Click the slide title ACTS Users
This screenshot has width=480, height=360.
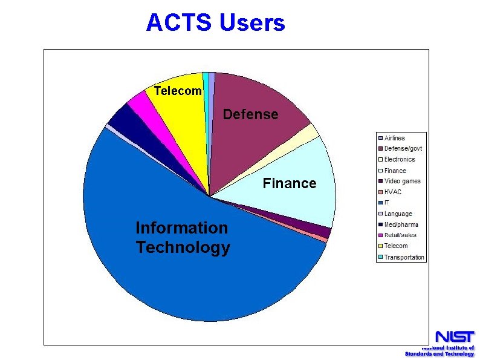click(215, 23)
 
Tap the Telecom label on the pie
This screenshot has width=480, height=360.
click(177, 91)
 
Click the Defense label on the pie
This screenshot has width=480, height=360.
click(250, 114)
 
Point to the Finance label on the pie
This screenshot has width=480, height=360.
click(289, 183)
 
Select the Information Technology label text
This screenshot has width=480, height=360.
click(183, 237)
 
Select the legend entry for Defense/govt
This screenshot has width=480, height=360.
click(403, 149)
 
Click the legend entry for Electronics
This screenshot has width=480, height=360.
click(400, 160)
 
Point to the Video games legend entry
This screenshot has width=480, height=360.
click(402, 181)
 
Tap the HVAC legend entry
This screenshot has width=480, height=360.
click(392, 192)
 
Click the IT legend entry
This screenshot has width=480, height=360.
click(386, 203)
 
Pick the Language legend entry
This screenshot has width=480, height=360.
click(398, 214)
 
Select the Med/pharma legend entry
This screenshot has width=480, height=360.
click(401, 224)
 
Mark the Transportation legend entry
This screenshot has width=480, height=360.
click(404, 257)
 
